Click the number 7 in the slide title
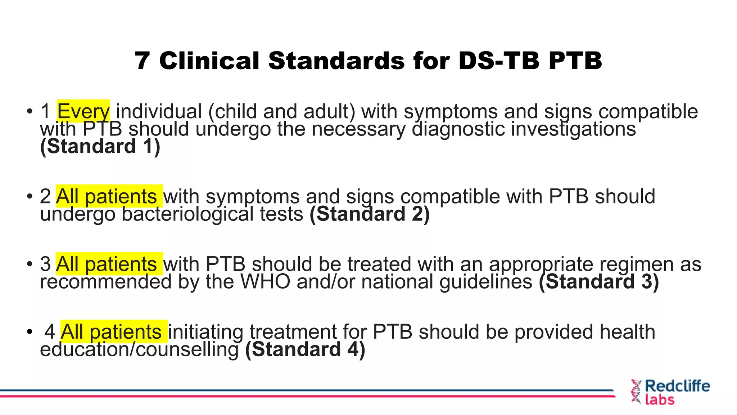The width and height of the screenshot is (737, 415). tap(143, 61)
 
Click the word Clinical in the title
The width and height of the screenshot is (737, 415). tap(209, 61)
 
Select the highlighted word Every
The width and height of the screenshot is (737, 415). tap(83, 111)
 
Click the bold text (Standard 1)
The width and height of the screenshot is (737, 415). tap(100, 146)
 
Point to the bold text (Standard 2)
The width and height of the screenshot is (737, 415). tap(370, 214)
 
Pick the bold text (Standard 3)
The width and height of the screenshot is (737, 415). tap(599, 281)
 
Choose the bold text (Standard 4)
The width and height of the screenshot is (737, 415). tap(305, 349)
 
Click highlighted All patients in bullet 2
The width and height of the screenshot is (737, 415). tap(107, 196)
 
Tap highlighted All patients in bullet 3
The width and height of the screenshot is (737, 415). tap(107, 264)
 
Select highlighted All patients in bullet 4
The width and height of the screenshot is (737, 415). tap(111, 332)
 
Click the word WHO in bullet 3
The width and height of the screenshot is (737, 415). tap(265, 281)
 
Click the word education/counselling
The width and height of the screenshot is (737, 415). tap(139, 349)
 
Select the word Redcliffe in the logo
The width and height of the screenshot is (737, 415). tap(677, 386)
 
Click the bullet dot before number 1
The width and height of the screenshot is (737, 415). tap(30, 111)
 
